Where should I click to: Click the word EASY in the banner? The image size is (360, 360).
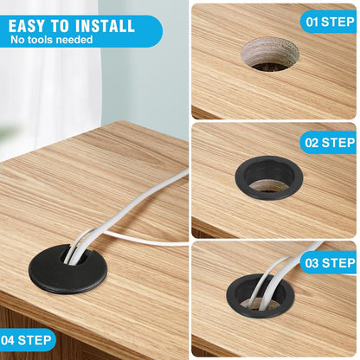31,25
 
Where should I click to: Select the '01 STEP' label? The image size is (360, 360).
328,22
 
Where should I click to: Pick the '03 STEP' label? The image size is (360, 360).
328,263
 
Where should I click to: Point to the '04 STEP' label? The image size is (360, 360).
28,339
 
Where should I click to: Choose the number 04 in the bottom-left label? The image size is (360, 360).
9,339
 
